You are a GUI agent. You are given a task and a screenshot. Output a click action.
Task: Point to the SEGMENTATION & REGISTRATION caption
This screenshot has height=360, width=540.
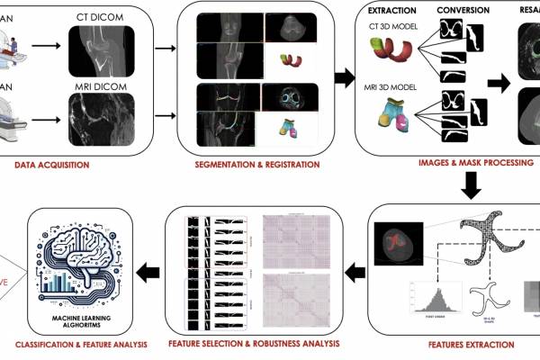256,166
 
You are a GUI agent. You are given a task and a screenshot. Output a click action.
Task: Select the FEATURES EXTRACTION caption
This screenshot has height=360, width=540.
459,344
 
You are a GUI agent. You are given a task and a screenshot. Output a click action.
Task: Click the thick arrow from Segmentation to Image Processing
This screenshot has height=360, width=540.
343,78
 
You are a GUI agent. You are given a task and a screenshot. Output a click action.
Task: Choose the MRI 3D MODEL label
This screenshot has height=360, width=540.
393,85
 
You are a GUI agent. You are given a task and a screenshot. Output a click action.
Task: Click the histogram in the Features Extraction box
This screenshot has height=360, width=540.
429,298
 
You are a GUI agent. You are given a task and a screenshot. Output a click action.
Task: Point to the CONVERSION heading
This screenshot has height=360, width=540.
463,11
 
